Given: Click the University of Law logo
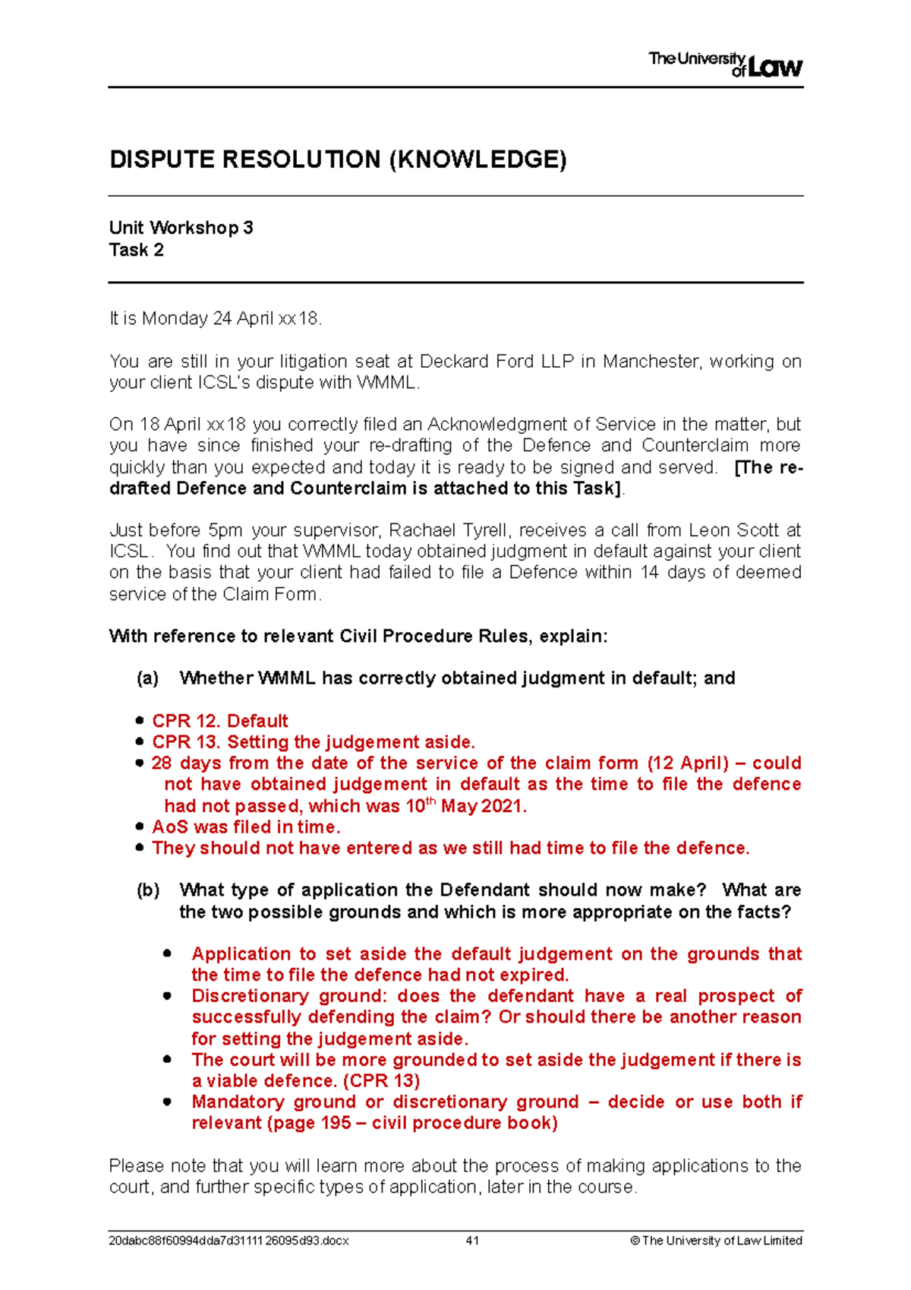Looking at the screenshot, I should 725,65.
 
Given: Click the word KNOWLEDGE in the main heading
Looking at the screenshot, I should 478,160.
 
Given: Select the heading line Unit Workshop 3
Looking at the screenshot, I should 181,228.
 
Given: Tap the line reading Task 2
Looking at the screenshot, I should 136,250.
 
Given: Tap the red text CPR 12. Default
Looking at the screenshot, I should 219,721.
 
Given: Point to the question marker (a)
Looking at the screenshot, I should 147,678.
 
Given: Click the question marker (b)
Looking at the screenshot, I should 147,890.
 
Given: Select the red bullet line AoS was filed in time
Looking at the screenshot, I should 246,827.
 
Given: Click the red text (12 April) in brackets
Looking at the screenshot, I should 687,764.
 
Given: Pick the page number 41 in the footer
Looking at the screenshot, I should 472,1241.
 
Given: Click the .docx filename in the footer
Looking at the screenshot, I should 229,1241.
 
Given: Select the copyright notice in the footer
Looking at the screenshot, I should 716,1241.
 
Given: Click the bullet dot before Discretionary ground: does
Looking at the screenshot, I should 167,996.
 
